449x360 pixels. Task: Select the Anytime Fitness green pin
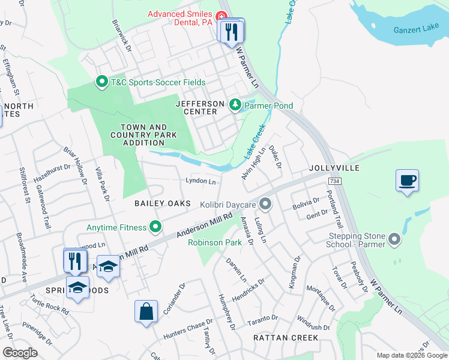tap(155, 227)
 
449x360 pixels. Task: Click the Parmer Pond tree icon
tap(235, 106)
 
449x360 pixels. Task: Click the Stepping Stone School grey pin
tap(394, 240)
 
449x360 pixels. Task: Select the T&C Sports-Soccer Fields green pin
tap(101, 82)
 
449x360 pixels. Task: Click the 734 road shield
tap(335, 181)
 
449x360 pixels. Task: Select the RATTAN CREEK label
tap(286, 338)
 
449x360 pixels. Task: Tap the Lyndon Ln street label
tap(200, 181)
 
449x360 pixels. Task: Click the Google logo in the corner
tap(20, 353)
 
